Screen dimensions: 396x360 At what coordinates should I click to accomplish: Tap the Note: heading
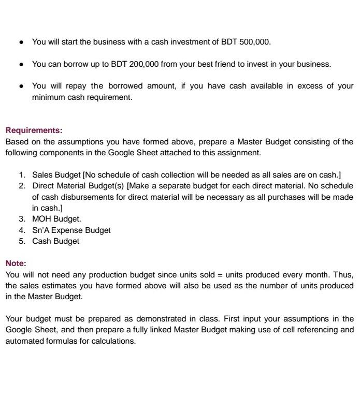point(16,263)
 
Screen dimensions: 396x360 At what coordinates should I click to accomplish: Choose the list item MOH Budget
point(56,219)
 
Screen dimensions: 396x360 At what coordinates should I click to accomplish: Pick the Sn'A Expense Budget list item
point(71,230)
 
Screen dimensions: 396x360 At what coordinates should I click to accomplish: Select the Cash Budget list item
point(55,241)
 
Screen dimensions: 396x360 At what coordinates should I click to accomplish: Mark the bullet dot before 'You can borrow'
point(20,64)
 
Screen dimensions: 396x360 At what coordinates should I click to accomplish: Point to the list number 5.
point(22,241)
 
